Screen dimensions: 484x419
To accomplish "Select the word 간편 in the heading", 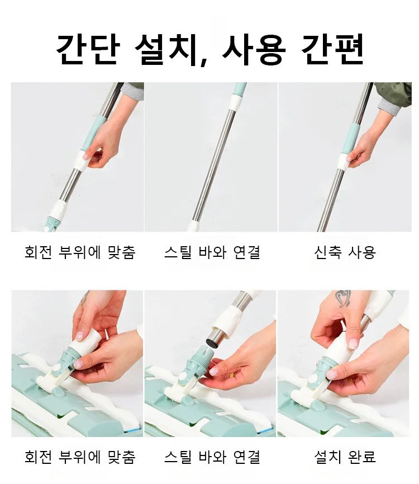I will pyautogui.click(x=333, y=49).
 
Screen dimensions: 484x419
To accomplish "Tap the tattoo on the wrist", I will pyautogui.click(x=343, y=299).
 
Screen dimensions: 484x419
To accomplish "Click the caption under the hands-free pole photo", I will pyautogui.click(x=212, y=252).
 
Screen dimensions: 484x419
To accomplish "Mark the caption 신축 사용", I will pyautogui.click(x=344, y=252).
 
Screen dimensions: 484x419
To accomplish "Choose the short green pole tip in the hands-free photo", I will pyautogui.click(x=240, y=88).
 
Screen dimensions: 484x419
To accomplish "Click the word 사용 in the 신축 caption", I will pyautogui.click(x=361, y=252).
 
